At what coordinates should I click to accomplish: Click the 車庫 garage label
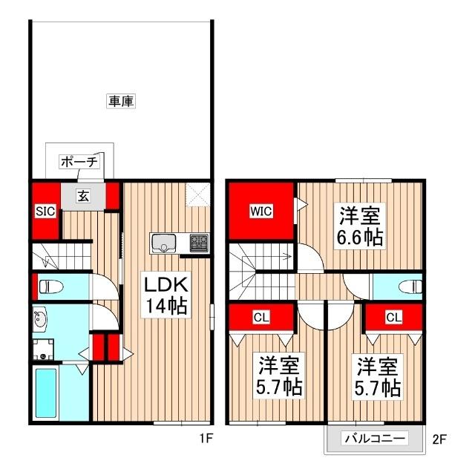[120, 102]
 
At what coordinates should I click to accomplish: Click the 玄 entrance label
[83, 197]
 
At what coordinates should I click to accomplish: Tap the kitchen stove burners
[198, 242]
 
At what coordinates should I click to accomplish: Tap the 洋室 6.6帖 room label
[360, 226]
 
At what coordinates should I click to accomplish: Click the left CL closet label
[261, 318]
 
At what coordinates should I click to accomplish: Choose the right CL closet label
[393, 318]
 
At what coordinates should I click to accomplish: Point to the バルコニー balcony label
[374, 439]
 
